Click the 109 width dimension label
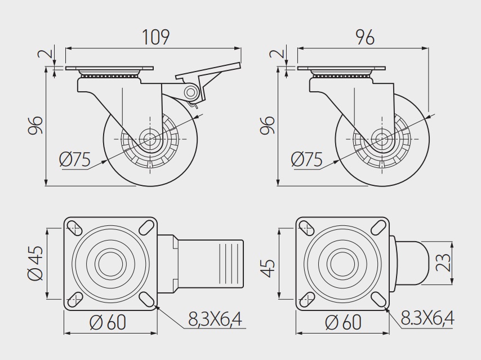tap(156, 37)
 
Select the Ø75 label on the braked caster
tap(75, 159)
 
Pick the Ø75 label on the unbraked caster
tap(307, 159)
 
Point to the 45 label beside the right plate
tap(267, 268)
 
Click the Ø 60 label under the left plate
tap(108, 322)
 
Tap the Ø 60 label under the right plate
tap(343, 322)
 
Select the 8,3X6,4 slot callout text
tap(215, 319)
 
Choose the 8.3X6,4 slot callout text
tap(427, 318)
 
